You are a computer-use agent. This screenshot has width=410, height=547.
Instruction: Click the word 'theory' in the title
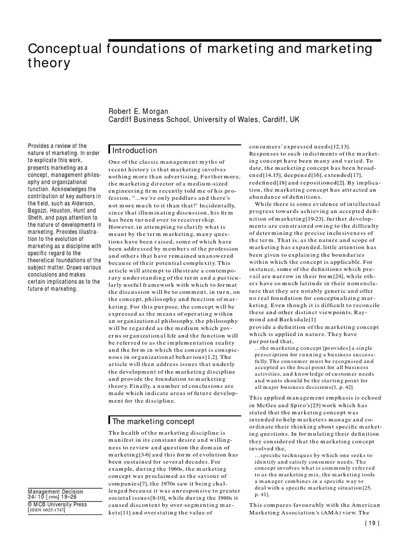point(49,64)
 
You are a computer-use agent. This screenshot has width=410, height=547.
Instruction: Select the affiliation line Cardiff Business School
point(204,121)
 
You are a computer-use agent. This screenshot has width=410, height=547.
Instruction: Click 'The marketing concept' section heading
point(153,421)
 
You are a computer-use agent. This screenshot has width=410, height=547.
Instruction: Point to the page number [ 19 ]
point(371,538)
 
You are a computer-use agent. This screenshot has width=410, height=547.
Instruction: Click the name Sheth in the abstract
point(35,218)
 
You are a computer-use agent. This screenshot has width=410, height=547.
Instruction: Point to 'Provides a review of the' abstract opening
point(56,146)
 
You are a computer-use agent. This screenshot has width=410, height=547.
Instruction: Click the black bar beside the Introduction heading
point(109,150)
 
